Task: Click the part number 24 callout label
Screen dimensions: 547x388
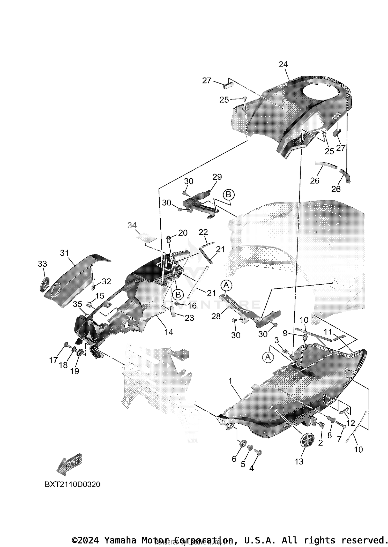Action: click(283, 64)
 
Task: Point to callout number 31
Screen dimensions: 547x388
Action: click(64, 253)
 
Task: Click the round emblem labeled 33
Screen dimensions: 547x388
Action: click(44, 285)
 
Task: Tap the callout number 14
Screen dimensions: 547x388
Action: click(169, 332)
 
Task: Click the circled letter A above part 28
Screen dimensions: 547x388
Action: click(226, 285)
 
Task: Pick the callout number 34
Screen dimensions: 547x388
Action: click(132, 226)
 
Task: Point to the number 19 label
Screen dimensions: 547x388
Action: click(74, 371)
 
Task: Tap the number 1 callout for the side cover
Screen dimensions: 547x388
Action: click(230, 380)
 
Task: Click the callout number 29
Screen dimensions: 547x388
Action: click(217, 177)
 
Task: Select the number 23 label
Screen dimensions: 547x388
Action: click(189, 318)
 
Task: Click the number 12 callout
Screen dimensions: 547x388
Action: click(350, 423)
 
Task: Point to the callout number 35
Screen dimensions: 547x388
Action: click(77, 304)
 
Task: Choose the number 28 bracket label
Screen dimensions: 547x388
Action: click(216, 316)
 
